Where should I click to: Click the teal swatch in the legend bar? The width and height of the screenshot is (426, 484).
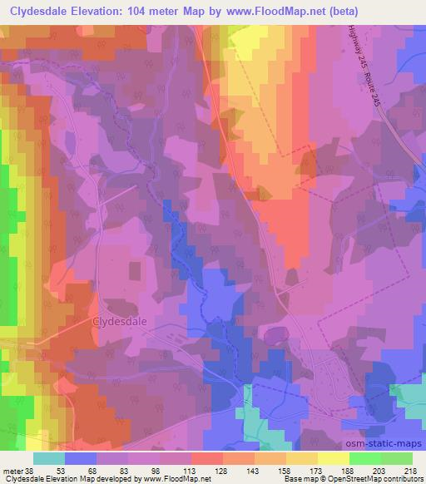tap(48, 458)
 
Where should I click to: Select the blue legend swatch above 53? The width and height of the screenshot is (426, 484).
tap(80, 458)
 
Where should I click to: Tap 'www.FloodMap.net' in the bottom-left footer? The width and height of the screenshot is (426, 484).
tap(176, 480)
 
